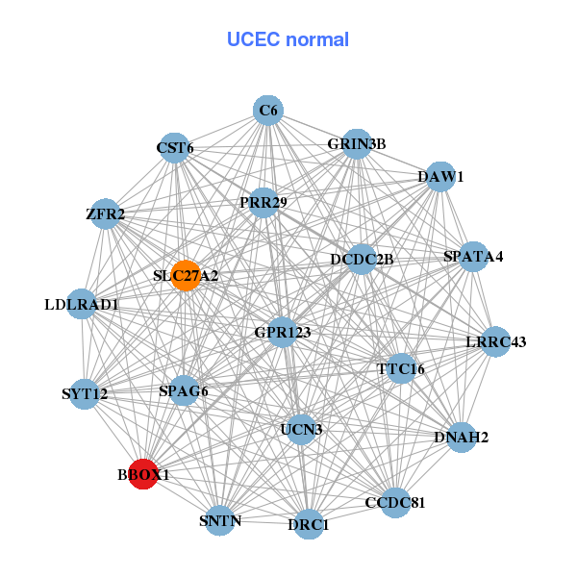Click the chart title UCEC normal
point(288,39)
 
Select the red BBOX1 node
point(143,474)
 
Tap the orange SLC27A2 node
point(185,275)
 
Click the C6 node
point(268,111)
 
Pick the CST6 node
point(174,148)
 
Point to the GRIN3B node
point(357,144)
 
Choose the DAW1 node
point(440,177)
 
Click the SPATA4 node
point(472,257)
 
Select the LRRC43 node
point(495,342)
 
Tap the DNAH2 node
point(462,438)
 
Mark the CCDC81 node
point(395,502)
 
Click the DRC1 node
point(308,524)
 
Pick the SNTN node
point(220,521)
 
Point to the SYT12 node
point(85,394)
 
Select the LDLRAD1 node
point(82,305)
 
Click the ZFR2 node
point(106,214)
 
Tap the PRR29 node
point(262,203)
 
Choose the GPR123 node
point(283,332)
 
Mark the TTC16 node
point(401,367)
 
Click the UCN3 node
point(301,429)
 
